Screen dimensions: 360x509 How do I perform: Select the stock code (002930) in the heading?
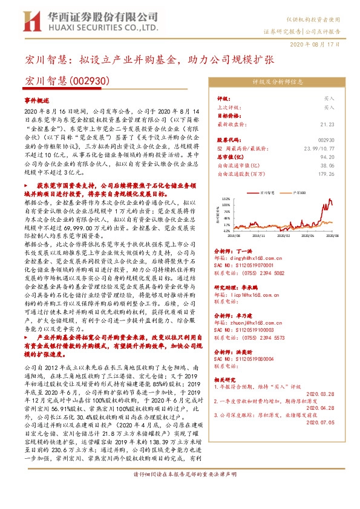[x=89, y=80]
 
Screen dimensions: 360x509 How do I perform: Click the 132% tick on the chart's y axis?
[x=226, y=198]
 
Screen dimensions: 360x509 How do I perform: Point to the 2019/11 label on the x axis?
[x=260, y=237]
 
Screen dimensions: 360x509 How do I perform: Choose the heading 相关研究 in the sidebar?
[x=225, y=379]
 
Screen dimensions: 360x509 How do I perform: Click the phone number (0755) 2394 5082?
[x=266, y=273]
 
